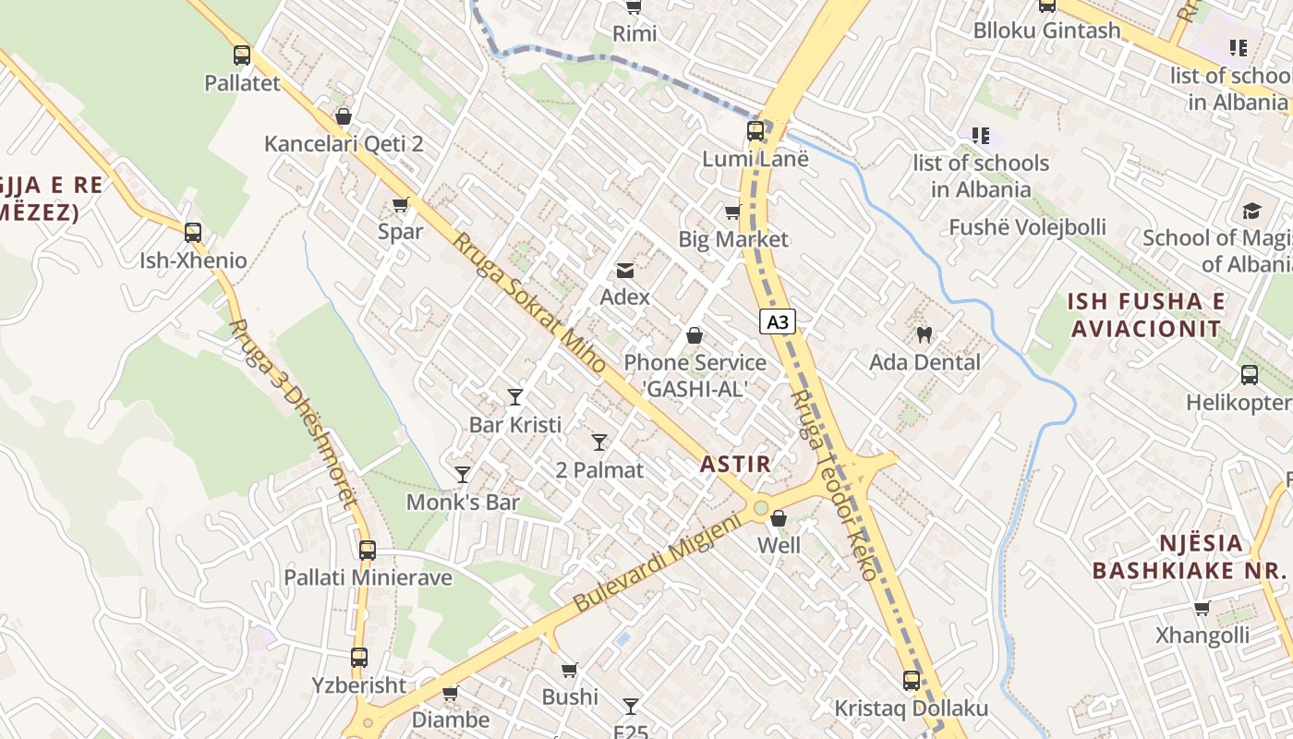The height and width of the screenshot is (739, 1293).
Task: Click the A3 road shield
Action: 778,321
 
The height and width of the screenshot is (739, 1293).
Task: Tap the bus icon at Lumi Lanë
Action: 755,131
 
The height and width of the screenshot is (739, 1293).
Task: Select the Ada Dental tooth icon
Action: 924,334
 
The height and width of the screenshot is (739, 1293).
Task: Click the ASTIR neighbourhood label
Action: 735,464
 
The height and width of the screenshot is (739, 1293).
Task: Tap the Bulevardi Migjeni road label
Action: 658,563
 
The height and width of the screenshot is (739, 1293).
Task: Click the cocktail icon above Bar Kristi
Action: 515,397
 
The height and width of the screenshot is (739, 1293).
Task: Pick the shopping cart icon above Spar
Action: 400,204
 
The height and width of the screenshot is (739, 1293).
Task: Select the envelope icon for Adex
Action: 625,270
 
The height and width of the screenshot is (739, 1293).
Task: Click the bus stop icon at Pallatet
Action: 242,55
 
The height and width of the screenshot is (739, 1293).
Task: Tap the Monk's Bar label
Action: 463,503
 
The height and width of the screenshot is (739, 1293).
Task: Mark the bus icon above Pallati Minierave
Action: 368,551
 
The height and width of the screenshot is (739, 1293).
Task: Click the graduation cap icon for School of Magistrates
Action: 1251,212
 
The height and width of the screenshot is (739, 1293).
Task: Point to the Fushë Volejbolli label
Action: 1027,227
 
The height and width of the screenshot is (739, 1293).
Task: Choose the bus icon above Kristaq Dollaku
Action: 912,681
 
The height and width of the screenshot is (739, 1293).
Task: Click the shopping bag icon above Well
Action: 779,518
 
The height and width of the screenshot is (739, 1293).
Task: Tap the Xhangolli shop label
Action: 1202,636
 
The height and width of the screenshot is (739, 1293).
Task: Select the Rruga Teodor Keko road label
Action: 834,485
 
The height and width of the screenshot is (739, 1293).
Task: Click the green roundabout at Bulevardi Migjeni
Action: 760,507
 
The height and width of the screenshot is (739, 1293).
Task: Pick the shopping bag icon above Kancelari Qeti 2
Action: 344,116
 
